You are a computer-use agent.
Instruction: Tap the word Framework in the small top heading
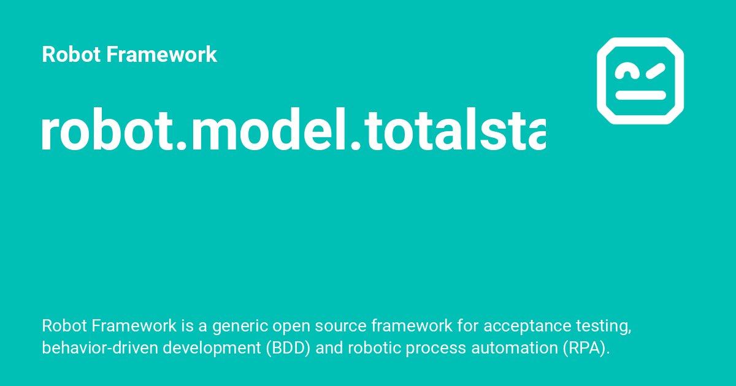pyautogui.click(x=162, y=55)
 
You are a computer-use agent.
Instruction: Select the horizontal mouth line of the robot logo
pyautogui.click(x=640, y=95)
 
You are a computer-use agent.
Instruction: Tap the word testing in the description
pyautogui.click(x=606, y=326)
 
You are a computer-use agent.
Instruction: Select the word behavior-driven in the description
pyautogui.click(x=90, y=348)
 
